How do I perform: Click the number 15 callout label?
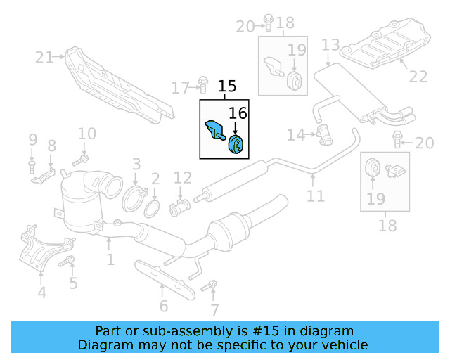[x=227, y=87]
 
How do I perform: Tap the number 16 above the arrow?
[x=238, y=112]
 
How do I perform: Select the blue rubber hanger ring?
[x=236, y=144]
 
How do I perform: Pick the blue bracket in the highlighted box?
[x=214, y=130]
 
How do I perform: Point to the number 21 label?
[x=44, y=58]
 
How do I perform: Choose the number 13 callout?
[x=330, y=46]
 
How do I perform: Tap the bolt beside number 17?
[x=202, y=85]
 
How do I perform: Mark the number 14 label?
[x=295, y=134]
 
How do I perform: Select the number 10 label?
[x=86, y=134]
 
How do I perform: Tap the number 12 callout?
[x=182, y=179]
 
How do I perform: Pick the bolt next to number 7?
[x=207, y=287]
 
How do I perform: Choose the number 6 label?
[x=163, y=306]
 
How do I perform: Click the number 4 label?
[x=41, y=292]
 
